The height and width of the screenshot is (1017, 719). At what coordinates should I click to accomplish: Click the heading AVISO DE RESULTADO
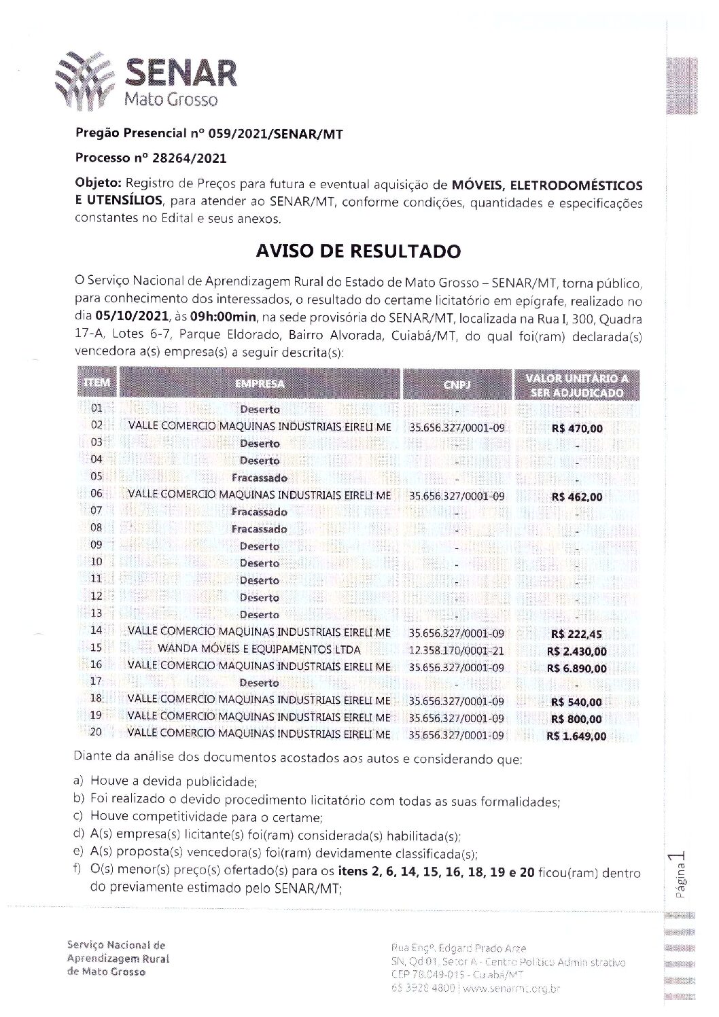coord(358,251)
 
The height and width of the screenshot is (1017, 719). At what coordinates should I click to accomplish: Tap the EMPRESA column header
coord(260,384)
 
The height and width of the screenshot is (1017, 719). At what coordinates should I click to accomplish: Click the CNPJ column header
coord(456,385)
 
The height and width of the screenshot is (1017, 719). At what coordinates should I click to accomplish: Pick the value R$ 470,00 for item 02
coord(577,429)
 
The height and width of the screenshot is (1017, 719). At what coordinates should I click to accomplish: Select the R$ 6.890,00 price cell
coord(576,668)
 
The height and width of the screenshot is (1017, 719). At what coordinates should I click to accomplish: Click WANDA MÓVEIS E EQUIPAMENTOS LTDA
coord(259,649)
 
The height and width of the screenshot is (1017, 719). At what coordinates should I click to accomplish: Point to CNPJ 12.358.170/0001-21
coord(456,650)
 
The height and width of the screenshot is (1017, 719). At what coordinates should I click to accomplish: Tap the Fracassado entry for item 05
coord(259,478)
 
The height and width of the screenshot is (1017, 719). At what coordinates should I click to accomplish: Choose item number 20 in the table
coord(96,733)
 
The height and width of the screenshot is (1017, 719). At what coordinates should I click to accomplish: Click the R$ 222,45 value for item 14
coord(577,634)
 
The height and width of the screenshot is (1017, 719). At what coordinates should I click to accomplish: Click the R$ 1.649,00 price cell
coord(576,736)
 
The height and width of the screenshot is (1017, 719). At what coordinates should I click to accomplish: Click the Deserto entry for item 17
coord(259,683)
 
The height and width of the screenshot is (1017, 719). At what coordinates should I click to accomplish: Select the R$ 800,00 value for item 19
coord(577,719)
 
